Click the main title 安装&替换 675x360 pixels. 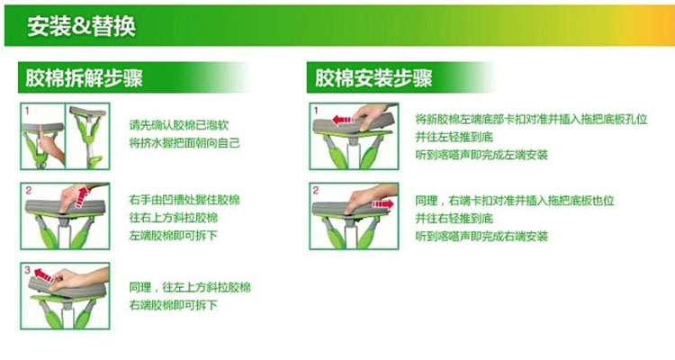tap(81, 26)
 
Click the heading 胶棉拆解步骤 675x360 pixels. tap(84, 78)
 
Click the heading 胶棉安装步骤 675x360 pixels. tap(373, 78)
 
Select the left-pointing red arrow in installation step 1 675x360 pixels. tap(343, 120)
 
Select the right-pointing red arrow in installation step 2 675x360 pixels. tap(382, 203)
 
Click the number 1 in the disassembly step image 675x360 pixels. tap(27, 111)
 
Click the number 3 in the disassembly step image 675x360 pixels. tap(28, 270)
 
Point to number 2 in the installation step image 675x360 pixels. tap(316, 190)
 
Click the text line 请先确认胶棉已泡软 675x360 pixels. tap(179, 125)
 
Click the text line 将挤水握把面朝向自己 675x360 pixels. tap(184, 143)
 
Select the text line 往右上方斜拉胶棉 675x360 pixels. tap(174, 218)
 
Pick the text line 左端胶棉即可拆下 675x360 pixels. tap(174, 236)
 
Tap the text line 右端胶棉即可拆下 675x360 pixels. tap(174, 305)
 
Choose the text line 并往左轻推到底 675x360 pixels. tap(454, 137)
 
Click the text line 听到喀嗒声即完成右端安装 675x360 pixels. tap(481, 236)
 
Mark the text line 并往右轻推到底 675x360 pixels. tap(454, 218)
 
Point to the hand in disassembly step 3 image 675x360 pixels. tap(77, 278)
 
